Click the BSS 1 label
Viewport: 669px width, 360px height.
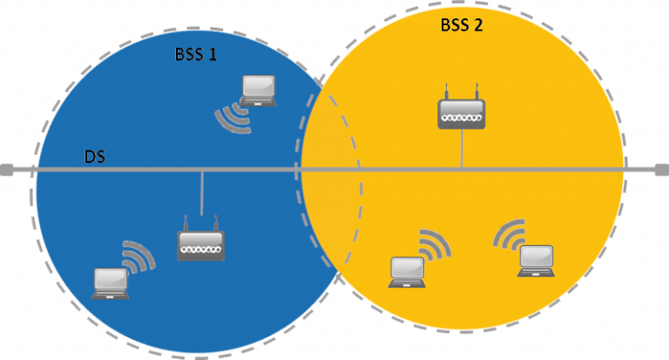coord(196,54)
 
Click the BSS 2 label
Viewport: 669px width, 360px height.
coord(462,25)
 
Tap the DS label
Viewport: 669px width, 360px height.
coord(96,157)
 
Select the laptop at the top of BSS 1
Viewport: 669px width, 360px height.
coord(259,90)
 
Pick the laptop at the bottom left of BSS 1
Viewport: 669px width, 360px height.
coord(111,282)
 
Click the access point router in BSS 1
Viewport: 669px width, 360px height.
coord(201,244)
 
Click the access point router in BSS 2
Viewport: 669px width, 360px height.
coord(461,108)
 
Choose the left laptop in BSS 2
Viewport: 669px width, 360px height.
coord(407,271)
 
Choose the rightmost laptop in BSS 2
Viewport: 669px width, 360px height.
coord(536,261)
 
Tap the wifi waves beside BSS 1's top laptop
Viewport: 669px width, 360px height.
coord(233,119)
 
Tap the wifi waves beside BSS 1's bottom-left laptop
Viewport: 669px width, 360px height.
coord(138,255)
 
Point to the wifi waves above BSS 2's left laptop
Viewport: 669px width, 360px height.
coord(433,244)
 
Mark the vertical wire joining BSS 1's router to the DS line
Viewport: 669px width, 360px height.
coord(202,192)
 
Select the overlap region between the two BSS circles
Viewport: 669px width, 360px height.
coord(328,174)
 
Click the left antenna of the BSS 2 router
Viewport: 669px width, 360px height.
coord(446,90)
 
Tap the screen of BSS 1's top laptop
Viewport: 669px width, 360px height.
coord(259,86)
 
